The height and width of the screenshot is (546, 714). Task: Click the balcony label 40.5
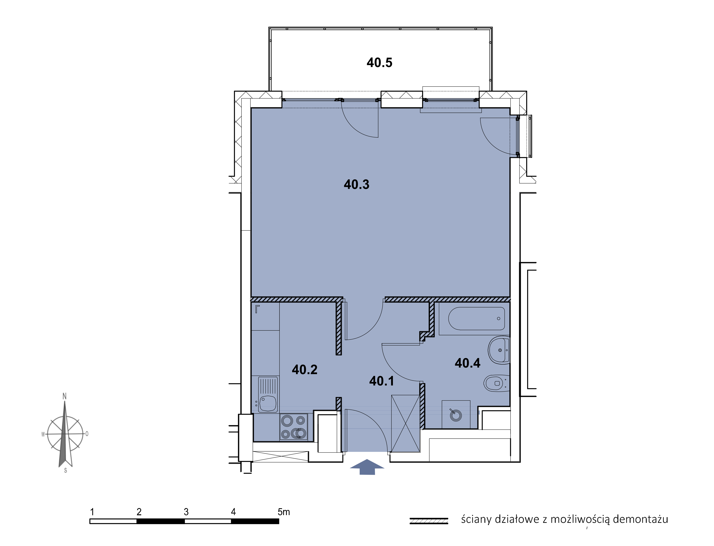click(379, 62)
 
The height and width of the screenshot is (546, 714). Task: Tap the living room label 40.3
click(356, 184)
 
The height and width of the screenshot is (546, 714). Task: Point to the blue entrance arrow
click(367, 467)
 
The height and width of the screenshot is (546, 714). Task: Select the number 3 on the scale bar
click(186, 512)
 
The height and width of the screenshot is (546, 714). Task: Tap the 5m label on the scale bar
click(284, 512)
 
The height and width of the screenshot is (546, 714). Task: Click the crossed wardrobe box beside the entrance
click(406, 423)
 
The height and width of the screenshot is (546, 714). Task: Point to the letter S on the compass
click(66, 470)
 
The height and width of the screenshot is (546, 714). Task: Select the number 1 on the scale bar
click(92, 512)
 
